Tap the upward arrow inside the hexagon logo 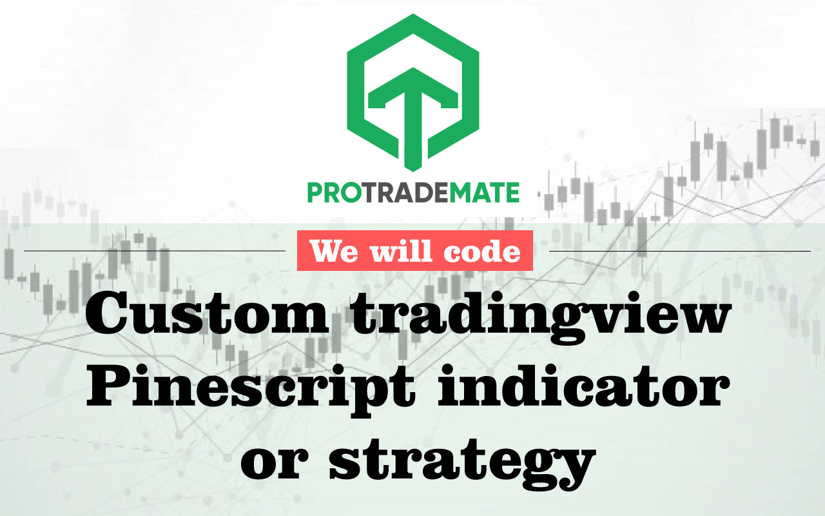tap(412, 116)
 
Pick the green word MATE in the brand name tap(487, 193)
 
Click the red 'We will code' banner tap(415, 251)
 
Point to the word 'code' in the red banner tap(484, 251)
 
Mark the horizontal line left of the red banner tap(155, 250)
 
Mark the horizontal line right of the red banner tap(679, 251)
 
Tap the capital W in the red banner tap(325, 251)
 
